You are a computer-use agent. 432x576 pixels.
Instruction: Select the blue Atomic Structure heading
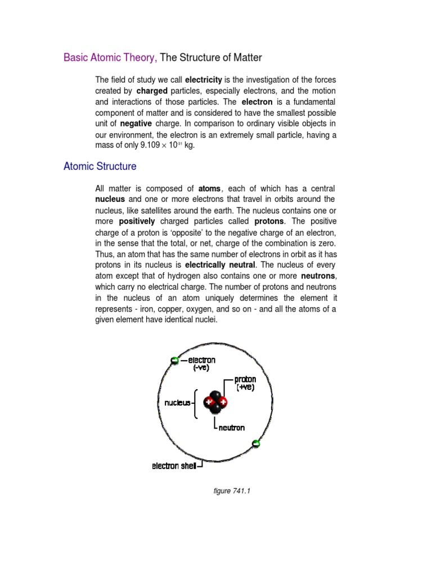point(100,166)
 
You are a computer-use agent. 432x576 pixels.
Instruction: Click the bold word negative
point(136,124)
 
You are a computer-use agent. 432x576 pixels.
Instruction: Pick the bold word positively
point(137,221)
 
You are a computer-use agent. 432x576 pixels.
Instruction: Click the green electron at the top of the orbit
point(174,361)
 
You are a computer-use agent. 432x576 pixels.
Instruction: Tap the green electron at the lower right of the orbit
point(256,444)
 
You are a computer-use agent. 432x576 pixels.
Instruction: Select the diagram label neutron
point(232,427)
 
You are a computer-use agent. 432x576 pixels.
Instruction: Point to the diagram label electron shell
point(174,466)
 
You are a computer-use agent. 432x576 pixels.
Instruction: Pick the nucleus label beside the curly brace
point(177,403)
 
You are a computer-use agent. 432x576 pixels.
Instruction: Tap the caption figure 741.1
point(231,491)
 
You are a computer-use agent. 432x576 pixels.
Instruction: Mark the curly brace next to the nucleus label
point(195,403)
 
